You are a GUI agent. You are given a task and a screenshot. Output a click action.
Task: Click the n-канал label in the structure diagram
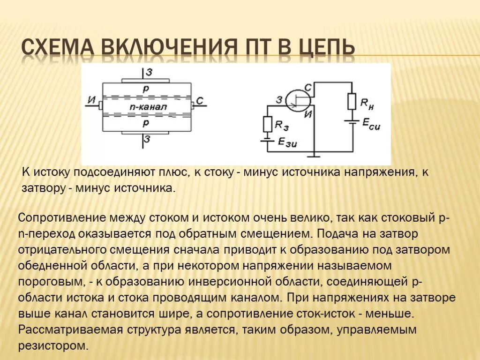[x=147, y=107]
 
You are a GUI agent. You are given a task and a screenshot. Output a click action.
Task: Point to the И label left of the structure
[x=91, y=100]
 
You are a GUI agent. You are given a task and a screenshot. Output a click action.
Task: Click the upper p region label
[x=146, y=89]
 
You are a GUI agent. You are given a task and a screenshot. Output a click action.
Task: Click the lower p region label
[x=146, y=123]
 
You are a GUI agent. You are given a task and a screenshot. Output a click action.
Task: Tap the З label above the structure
[x=148, y=72]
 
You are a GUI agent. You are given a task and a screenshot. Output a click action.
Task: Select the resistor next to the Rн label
[x=351, y=101]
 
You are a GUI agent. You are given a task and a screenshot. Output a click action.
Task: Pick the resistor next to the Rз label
[x=268, y=124]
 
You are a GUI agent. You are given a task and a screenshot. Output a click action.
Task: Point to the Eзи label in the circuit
[x=286, y=142]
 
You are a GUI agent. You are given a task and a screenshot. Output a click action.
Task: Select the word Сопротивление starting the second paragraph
[x=62, y=218]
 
